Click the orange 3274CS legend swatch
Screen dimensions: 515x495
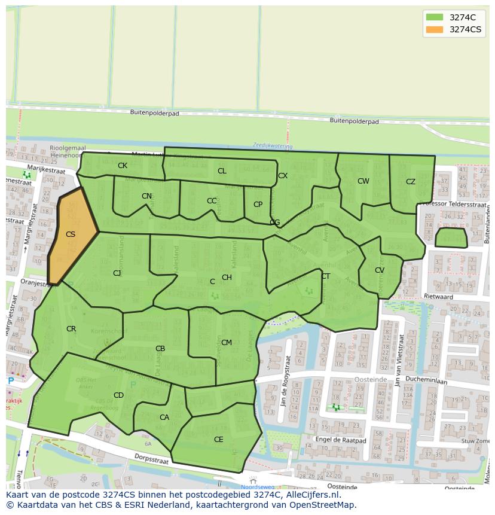click(435, 29)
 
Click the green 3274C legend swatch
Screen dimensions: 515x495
click(435, 17)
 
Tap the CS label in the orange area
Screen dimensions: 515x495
click(71, 234)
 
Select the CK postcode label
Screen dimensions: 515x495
click(122, 166)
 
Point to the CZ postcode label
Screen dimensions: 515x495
click(411, 182)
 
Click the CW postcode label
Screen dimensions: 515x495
click(363, 181)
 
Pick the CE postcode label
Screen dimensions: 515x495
click(219, 439)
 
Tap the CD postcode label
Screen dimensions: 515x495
click(118, 395)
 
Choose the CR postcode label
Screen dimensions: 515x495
click(71, 329)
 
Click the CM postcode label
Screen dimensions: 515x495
click(227, 343)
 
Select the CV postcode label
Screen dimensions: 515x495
click(380, 270)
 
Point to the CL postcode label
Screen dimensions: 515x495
click(222, 171)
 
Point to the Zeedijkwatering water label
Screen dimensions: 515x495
click(272, 145)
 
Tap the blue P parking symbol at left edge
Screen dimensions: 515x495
click(10, 380)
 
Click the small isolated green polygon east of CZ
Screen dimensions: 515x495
click(451, 237)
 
